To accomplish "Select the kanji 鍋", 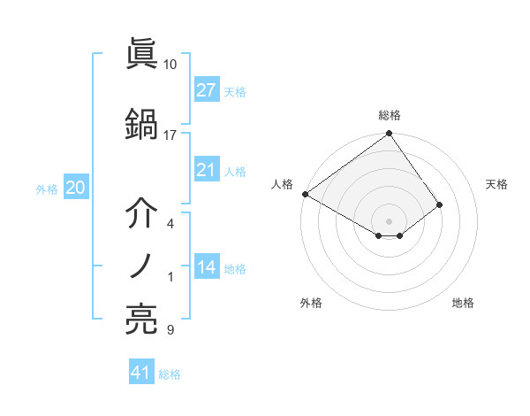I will (141, 123).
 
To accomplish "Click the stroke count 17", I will (170, 135).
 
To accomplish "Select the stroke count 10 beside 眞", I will (170, 65).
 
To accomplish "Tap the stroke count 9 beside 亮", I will (170, 331).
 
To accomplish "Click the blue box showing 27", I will (207, 90).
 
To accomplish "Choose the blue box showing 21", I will (207, 170).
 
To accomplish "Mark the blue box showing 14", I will (207, 267).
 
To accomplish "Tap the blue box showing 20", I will (75, 188).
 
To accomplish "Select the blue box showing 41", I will (141, 373).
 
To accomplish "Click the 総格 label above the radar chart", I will (390, 115).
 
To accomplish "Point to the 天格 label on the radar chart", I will (497, 184).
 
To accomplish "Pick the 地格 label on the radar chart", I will (463, 303).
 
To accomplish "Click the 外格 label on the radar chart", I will (311, 303).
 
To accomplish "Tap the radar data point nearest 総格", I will (389, 135).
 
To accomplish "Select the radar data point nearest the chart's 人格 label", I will (304, 193).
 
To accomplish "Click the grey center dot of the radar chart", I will (389, 220).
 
